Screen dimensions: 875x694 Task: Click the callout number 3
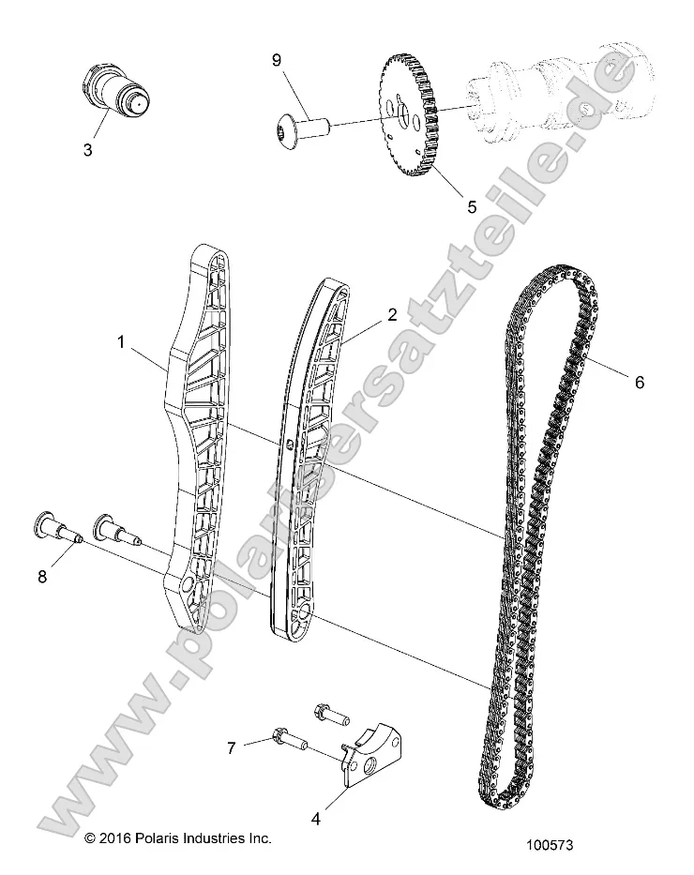point(87,149)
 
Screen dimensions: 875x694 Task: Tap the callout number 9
point(276,60)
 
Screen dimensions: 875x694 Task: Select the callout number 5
point(445,204)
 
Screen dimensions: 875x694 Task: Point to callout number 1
point(121,343)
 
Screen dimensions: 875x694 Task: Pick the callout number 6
point(640,382)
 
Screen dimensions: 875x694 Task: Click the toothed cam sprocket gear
point(411,118)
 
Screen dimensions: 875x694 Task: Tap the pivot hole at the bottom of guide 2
point(303,611)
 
